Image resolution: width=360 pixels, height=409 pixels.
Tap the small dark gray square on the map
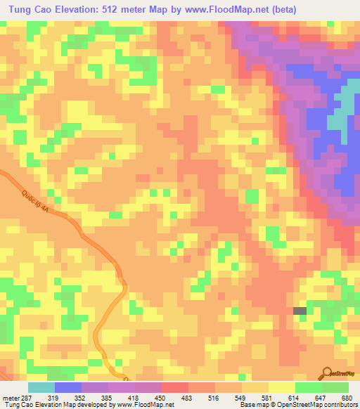300,311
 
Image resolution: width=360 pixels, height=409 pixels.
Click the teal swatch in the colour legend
41,387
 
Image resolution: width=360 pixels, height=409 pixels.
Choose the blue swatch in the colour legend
68,387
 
